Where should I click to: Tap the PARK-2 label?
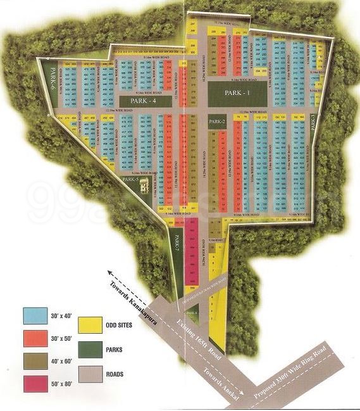(x=217, y=121)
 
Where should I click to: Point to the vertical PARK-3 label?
(x=313, y=121)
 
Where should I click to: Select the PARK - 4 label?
(x=144, y=101)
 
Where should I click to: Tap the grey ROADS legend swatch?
(x=90, y=374)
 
